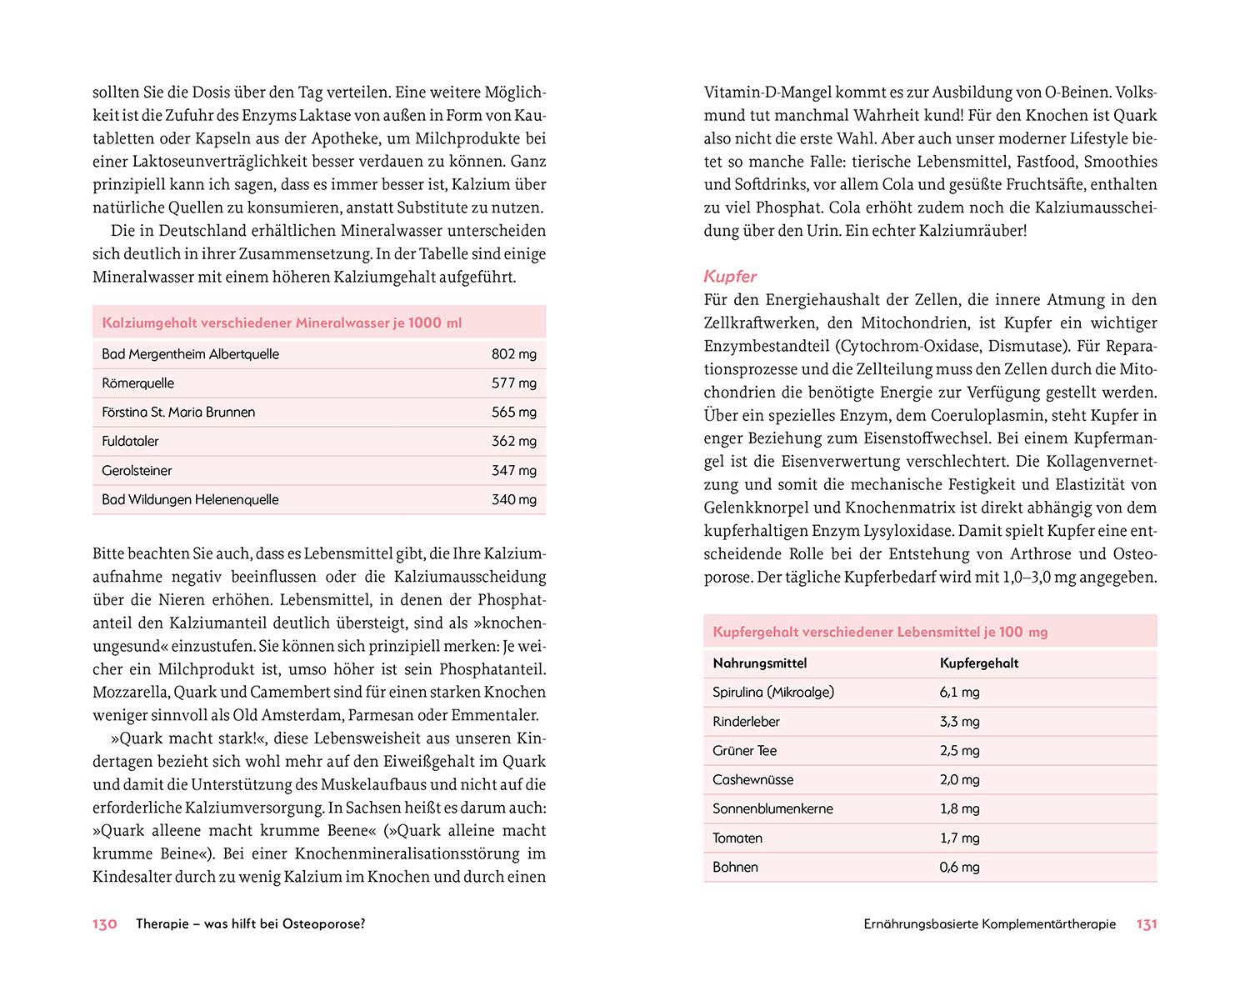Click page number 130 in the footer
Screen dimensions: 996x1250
(x=104, y=924)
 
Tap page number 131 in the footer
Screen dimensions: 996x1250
(x=1147, y=924)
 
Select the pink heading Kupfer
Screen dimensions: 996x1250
(x=730, y=276)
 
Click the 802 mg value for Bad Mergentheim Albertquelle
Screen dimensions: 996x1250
(x=513, y=354)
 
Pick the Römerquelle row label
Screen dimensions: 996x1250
(x=138, y=383)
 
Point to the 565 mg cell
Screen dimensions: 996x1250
(x=513, y=413)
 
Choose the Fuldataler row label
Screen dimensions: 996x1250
(x=130, y=442)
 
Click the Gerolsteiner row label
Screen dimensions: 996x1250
(x=137, y=471)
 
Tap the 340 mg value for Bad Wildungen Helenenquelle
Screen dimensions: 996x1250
(x=513, y=500)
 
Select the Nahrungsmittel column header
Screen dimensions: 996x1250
(x=759, y=663)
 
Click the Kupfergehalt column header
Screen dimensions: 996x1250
(x=979, y=663)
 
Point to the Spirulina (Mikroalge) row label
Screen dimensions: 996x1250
(x=773, y=693)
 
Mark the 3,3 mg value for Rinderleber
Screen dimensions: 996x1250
(x=959, y=722)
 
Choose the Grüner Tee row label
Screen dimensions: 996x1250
(x=744, y=751)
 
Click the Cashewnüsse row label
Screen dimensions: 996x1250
(x=752, y=780)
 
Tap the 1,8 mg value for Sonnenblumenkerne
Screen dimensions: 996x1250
(x=959, y=809)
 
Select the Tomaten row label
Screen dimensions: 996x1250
(x=737, y=838)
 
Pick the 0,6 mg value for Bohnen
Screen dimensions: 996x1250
(x=959, y=868)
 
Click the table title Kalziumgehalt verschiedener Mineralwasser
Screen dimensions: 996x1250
(x=282, y=323)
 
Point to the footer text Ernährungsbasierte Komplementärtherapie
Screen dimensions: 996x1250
(x=989, y=924)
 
